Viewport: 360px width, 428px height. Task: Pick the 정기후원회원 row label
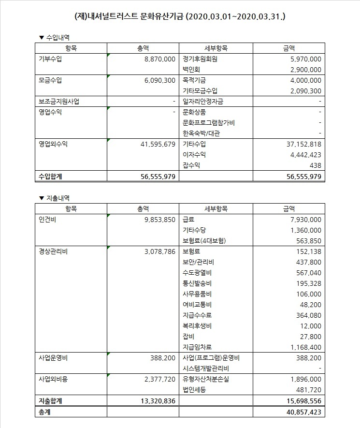[201, 59]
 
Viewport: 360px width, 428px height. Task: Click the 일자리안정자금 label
[203, 102]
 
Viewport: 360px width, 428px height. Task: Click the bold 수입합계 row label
[52, 177]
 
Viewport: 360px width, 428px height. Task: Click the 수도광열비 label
[198, 273]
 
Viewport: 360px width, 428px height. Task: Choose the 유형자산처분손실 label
[206, 379]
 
